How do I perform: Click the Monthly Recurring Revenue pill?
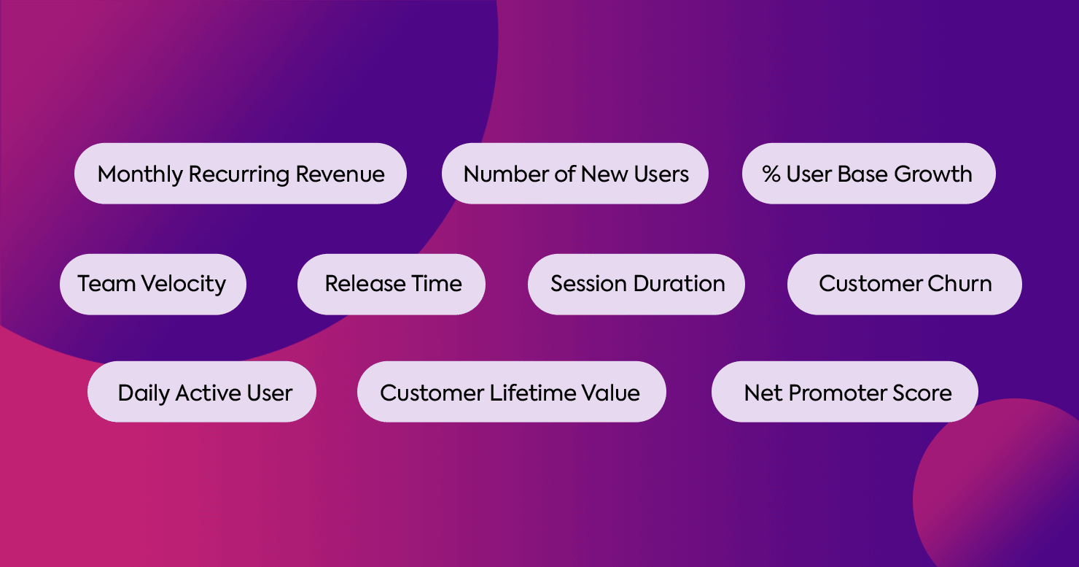click(x=241, y=174)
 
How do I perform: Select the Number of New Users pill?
click(x=575, y=174)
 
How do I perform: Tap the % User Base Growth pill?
click(x=868, y=174)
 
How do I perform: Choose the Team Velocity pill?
click(x=152, y=284)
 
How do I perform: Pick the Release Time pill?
click(x=392, y=284)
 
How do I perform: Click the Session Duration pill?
click(x=636, y=284)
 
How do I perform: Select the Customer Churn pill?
click(x=904, y=284)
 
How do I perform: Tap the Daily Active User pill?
click(x=202, y=392)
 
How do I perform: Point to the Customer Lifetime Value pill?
click(x=511, y=392)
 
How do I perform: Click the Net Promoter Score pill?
click(x=844, y=392)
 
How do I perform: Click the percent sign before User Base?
click(x=771, y=174)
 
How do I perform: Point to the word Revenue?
click(x=340, y=174)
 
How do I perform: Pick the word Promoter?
click(x=838, y=393)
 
